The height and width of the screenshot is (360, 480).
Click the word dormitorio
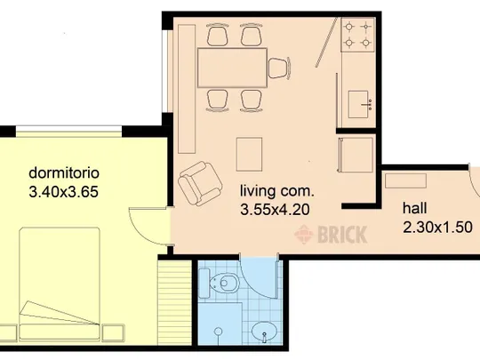[x=64, y=173]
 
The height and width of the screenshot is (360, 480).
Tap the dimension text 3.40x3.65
[x=64, y=192]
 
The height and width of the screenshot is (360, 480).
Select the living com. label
[x=277, y=191]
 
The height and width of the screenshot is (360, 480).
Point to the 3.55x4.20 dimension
[x=275, y=210]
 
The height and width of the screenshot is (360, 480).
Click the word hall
[x=414, y=208]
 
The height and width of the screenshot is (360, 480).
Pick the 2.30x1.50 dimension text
[x=437, y=228]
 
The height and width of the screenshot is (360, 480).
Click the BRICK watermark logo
[x=331, y=235]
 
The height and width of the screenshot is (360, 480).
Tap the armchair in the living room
[x=200, y=184]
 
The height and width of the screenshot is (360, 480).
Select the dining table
[x=232, y=68]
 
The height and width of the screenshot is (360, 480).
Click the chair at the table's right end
[x=279, y=68]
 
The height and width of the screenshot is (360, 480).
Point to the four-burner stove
[x=358, y=35]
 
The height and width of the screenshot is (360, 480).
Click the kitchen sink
[x=360, y=104]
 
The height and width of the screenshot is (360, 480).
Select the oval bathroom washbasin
[x=264, y=332]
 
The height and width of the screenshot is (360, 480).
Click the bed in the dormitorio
[x=60, y=284]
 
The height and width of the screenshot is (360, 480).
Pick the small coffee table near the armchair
[x=249, y=155]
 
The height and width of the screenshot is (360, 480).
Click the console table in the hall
[x=405, y=180]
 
